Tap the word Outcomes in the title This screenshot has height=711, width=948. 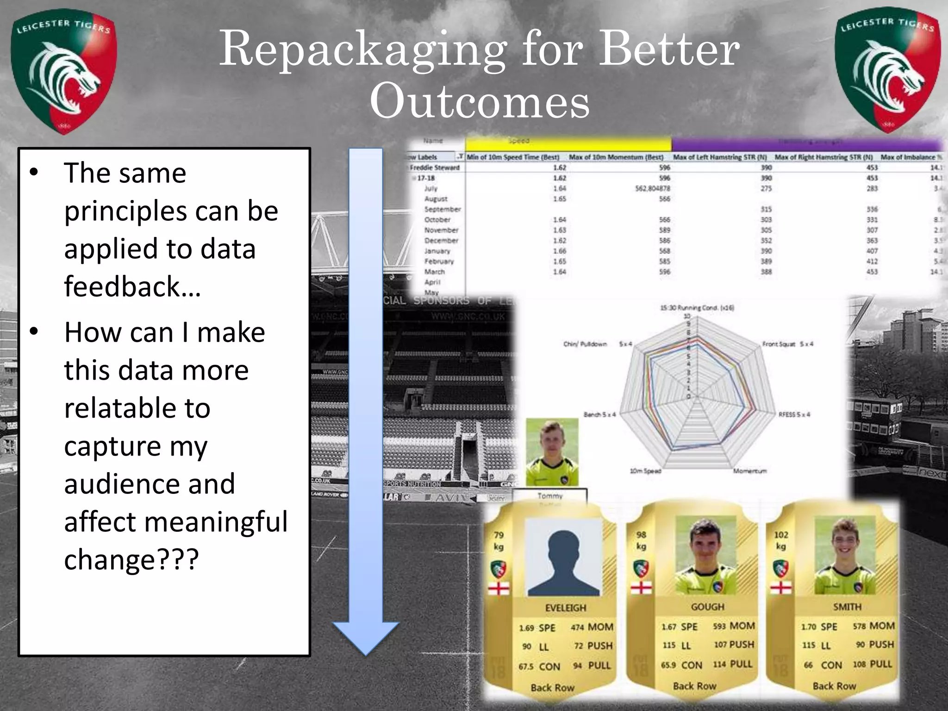tap(480, 101)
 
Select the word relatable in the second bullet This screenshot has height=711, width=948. tap(137, 408)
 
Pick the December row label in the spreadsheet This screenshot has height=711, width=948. tap(441, 241)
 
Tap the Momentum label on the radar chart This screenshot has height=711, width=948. tap(750, 471)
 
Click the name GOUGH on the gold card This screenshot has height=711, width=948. tap(707, 606)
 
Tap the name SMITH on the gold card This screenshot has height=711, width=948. tap(847, 606)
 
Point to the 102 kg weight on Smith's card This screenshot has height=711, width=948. tap(781, 540)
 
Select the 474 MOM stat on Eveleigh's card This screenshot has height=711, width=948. tap(592, 627)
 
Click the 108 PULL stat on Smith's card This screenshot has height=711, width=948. tap(872, 664)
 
